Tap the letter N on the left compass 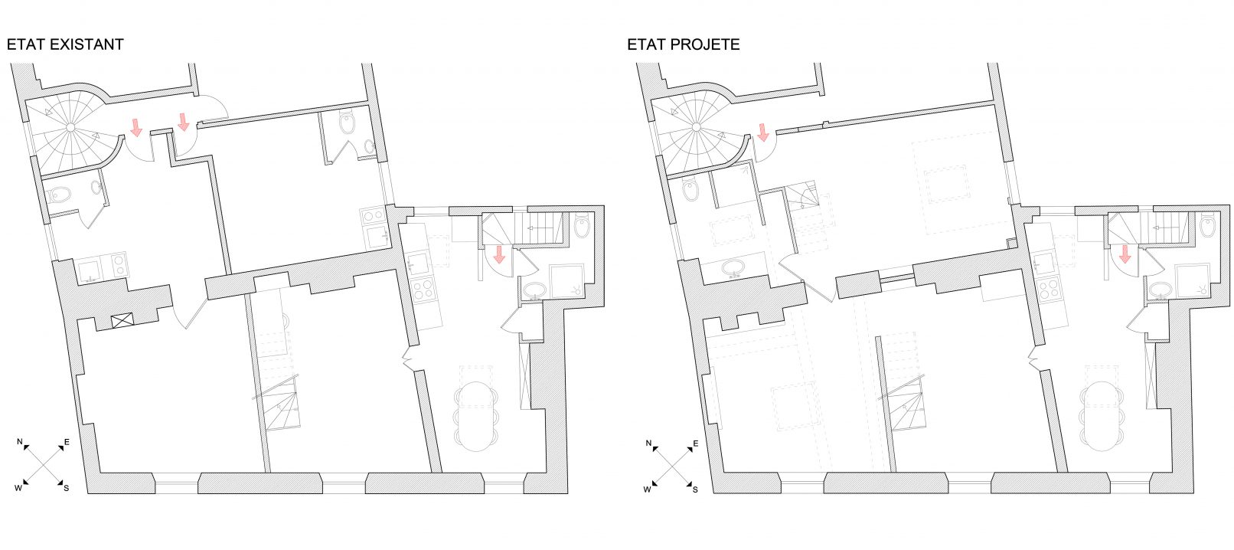point(20,441)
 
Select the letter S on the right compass point(695,489)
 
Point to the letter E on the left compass point(67,442)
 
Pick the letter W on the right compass point(647,489)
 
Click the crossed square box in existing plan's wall point(122,321)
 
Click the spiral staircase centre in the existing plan point(70,127)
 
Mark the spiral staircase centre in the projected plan point(696,127)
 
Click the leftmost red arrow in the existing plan point(135,127)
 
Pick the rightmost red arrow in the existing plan point(499,254)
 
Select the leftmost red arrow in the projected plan point(763,133)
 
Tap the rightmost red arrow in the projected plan point(1125,254)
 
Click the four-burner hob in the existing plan point(424,290)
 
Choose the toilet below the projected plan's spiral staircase point(690,192)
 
